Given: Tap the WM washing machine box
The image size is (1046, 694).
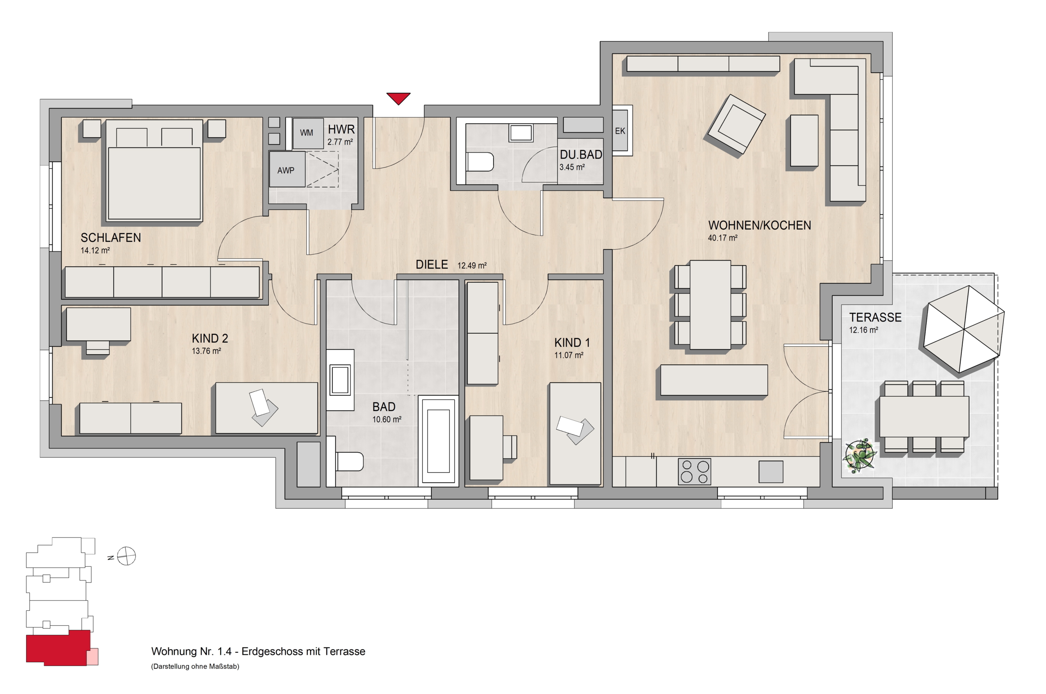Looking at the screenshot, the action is pyautogui.click(x=306, y=133).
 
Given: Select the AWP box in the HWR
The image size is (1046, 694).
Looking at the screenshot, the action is pyautogui.click(x=287, y=170).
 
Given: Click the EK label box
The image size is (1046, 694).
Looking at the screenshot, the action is pyautogui.click(x=620, y=131).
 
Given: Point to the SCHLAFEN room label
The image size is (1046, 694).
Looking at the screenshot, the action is pyautogui.click(x=111, y=238).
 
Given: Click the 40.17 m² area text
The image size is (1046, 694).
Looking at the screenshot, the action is pyautogui.click(x=722, y=238).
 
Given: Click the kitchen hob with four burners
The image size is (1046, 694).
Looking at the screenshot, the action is pyautogui.click(x=694, y=471).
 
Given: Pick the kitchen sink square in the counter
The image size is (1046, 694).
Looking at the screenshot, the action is pyautogui.click(x=771, y=472).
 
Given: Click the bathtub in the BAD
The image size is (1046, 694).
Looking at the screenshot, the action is pyautogui.click(x=438, y=441).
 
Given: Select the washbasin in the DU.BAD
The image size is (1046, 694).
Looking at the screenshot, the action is pyautogui.click(x=521, y=133).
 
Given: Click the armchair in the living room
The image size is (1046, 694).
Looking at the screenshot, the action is pyautogui.click(x=736, y=123).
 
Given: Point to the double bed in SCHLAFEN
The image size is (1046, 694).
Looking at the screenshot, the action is pyautogui.click(x=154, y=170).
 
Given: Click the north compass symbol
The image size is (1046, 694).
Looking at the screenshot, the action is pyautogui.click(x=126, y=556).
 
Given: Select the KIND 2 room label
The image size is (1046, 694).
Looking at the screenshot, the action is pyautogui.click(x=210, y=339).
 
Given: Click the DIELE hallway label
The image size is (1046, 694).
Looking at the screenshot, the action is pyautogui.click(x=431, y=265).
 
